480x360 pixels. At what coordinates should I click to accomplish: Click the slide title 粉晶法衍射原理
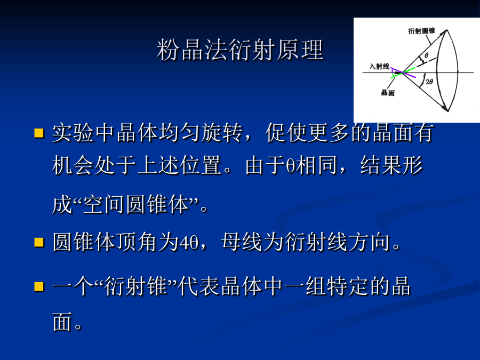coord(241,50)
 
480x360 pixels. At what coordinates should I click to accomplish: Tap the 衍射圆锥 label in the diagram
coord(421,31)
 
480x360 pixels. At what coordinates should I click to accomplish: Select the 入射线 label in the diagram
coord(379,66)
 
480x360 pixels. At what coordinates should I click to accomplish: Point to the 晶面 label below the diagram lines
coord(388,92)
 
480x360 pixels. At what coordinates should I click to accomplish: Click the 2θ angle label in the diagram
coord(429,82)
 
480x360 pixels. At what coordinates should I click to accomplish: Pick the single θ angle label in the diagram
coord(426,55)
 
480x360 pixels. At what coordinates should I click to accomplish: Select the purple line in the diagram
coord(403,73)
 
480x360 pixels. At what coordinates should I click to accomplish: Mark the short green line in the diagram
coord(403,73)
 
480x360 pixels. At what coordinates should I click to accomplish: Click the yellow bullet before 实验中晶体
coord(39,133)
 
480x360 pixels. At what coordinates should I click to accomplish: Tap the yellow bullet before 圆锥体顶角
coord(39,242)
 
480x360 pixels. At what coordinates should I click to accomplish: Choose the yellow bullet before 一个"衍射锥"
coord(39,286)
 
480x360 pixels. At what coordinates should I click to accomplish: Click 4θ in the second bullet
coord(189,243)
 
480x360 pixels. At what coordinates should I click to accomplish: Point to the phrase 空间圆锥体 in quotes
coord(135,204)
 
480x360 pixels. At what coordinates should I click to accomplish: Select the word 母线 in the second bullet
coord(242,242)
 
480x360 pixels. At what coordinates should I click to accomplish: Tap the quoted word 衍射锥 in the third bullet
coord(135,286)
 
